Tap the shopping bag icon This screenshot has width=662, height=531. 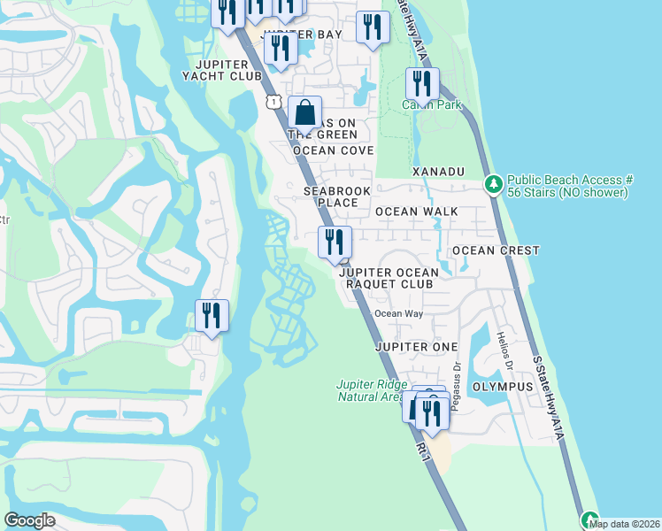[x=304, y=114]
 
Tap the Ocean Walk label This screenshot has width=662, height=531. [x=416, y=212]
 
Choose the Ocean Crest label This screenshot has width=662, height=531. [x=495, y=250]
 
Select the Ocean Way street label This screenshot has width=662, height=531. [x=398, y=313]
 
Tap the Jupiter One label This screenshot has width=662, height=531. [x=415, y=346]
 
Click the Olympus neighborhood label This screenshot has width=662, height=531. [x=502, y=387]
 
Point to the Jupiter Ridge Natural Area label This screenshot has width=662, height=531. [x=372, y=390]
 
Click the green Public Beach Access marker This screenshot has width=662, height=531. [x=494, y=185]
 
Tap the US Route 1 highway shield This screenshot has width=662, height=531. [x=274, y=103]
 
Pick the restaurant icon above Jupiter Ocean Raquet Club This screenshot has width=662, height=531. [x=335, y=242]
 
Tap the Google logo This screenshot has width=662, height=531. [x=29, y=520]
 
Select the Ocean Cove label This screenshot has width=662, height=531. [x=333, y=151]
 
